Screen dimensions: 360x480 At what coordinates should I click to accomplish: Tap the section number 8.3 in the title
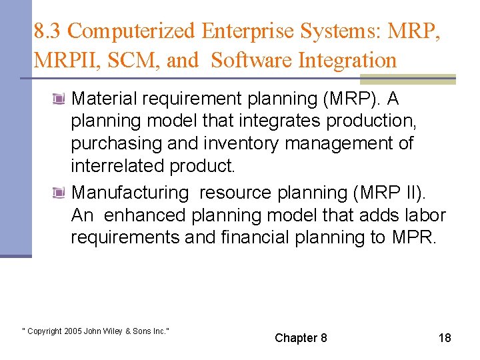click(48, 31)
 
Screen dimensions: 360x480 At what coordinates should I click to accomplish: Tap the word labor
click(425, 215)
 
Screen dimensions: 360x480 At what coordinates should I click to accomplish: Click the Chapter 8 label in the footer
click(301, 338)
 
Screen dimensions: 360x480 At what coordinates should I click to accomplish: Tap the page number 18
click(445, 338)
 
